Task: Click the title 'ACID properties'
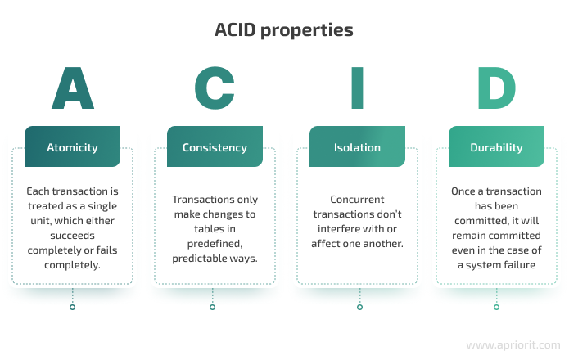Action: (x=284, y=30)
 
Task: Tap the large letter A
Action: (x=73, y=88)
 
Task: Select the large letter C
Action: (x=215, y=88)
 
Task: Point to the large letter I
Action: (x=358, y=88)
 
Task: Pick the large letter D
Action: (x=496, y=88)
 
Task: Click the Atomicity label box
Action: (x=72, y=146)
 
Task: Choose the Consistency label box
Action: (x=215, y=146)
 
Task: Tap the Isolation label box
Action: (x=357, y=146)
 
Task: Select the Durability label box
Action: (x=496, y=146)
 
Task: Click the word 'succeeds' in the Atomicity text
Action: (x=72, y=236)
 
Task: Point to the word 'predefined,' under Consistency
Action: (x=215, y=244)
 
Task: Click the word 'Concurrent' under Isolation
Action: (x=357, y=200)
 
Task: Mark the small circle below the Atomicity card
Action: (x=73, y=307)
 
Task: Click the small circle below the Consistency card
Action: (x=212, y=307)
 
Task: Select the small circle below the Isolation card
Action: (x=359, y=307)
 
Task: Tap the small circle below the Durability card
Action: (x=496, y=307)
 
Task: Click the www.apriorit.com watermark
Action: (x=513, y=344)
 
